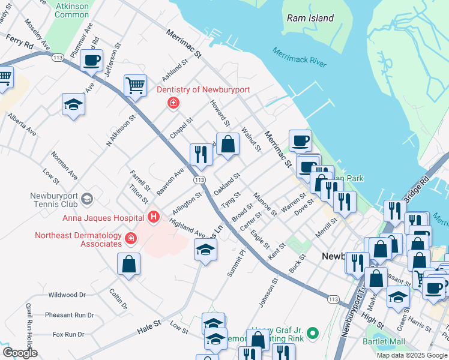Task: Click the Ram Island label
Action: coord(310,18)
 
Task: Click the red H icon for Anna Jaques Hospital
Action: coord(154,217)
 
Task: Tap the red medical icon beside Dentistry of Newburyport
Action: coord(173,104)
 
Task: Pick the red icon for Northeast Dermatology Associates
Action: coord(131,239)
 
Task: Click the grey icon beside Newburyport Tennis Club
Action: coord(87,198)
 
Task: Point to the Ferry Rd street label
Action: coord(20,44)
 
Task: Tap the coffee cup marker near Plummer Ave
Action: coord(91,61)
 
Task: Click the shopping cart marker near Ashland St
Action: coord(135,85)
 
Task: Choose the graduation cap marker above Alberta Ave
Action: coord(73,104)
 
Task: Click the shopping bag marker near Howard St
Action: coord(228,144)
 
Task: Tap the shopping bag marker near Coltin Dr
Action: coord(128,264)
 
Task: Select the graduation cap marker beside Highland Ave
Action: coord(205,249)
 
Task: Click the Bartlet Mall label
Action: coord(384,342)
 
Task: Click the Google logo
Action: coord(20,353)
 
